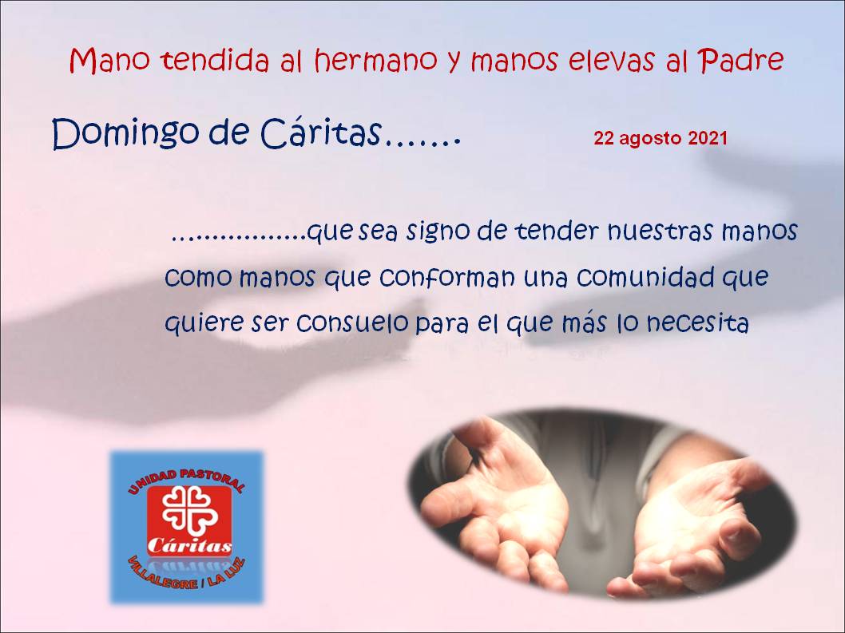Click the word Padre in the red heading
point(740,61)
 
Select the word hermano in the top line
point(375,60)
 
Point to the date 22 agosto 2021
point(661,138)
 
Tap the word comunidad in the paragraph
point(645,277)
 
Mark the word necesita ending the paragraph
point(697,323)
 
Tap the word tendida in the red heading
point(215,60)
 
